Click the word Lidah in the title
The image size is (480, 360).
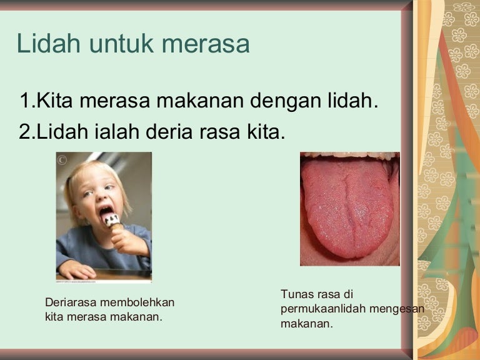pos(49,43)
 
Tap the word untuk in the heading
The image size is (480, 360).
pos(121,44)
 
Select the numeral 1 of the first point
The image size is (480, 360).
pos(25,101)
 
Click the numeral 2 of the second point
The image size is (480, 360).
pos(24,132)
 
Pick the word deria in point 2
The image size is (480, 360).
pos(169,132)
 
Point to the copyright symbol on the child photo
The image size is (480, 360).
pos(62,160)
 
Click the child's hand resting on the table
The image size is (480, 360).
pos(76,270)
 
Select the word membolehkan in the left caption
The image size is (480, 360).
pos(137,302)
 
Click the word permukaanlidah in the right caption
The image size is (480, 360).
pos(323,309)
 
